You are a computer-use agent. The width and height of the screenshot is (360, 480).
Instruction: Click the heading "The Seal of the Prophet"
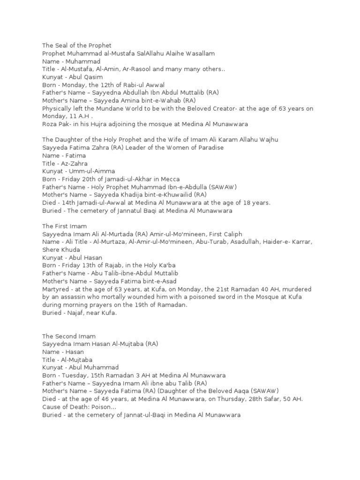point(77,45)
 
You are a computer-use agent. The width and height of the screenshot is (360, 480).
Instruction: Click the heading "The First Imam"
point(64,226)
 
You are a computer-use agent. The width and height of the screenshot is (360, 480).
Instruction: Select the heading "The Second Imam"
point(69,336)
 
